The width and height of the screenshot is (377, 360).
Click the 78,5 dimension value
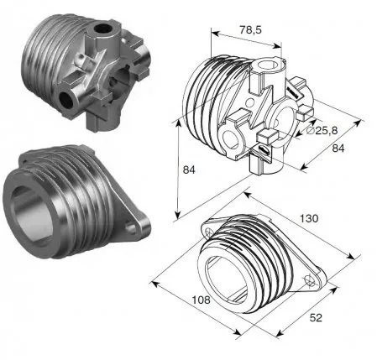pos(250,29)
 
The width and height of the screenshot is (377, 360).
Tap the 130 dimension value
pos(309,218)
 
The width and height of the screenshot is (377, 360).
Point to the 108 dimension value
pos(201,300)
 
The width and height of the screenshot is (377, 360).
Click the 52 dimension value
pos(316,318)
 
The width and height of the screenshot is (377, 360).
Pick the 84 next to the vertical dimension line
pos(189,170)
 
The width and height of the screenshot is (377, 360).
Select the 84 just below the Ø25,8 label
pos(338,149)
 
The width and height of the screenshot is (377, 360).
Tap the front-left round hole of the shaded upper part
pos(66,100)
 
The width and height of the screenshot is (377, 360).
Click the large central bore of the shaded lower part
pos(32,212)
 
